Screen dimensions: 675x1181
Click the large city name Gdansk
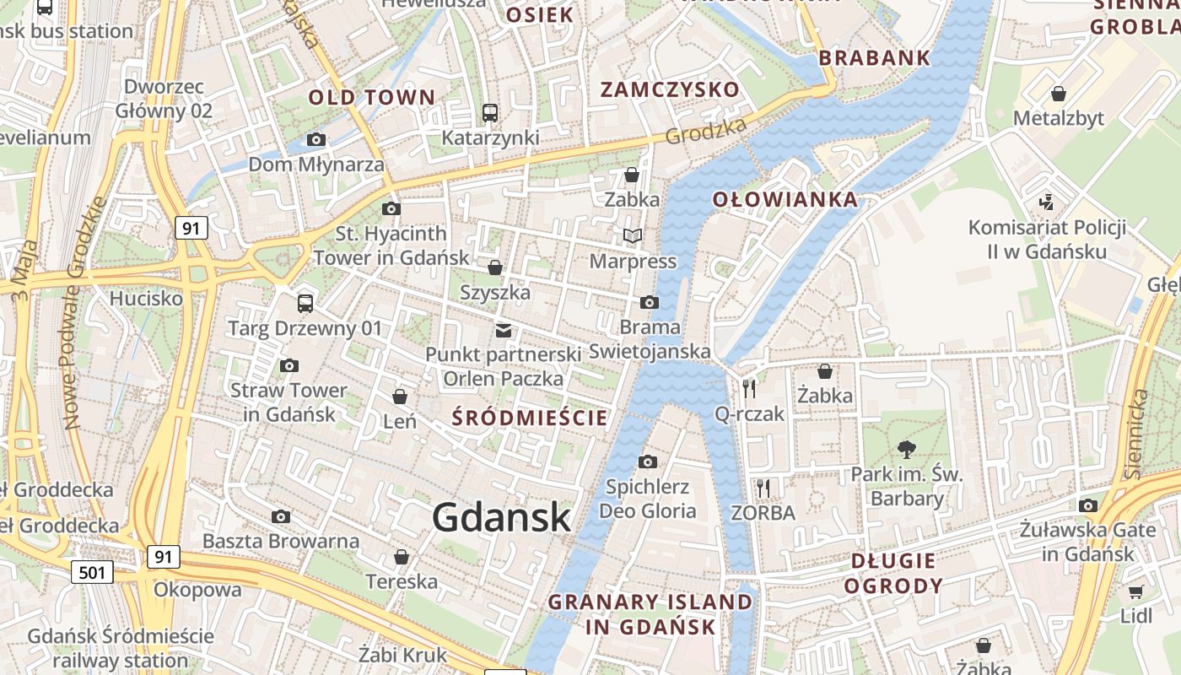tap(502, 516)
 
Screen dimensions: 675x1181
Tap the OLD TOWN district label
tap(371, 97)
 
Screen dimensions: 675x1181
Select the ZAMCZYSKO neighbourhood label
tap(670, 89)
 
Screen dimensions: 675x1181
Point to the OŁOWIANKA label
tap(785, 200)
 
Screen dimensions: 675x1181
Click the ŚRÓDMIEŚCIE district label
tap(530, 418)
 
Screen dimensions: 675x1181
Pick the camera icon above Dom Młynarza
tap(316, 139)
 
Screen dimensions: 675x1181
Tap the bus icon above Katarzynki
tap(490, 112)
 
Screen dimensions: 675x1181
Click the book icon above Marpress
tap(633, 236)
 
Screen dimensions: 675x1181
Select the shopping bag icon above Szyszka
tap(495, 267)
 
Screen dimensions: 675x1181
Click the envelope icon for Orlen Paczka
tap(504, 330)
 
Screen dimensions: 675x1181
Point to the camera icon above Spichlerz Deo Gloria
tap(648, 462)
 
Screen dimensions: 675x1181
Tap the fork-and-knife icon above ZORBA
tap(763, 488)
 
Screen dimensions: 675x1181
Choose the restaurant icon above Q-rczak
tap(749, 388)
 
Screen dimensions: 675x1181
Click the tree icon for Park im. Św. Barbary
tap(907, 449)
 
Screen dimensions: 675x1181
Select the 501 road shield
tap(91, 573)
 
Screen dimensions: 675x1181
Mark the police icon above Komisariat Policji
tap(1047, 202)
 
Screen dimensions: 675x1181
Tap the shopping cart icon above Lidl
tap(1136, 591)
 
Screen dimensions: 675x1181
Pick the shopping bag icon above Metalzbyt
tap(1059, 93)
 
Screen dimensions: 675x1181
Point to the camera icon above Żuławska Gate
tap(1088, 505)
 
